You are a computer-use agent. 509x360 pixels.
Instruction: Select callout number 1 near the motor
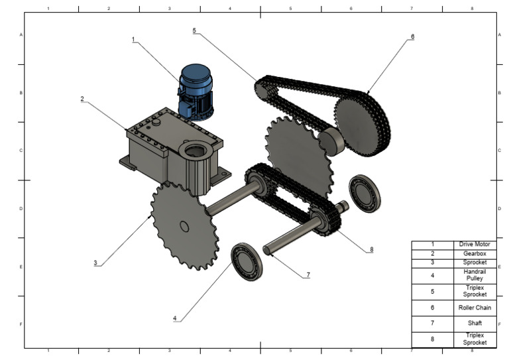pyautogui.click(x=133, y=40)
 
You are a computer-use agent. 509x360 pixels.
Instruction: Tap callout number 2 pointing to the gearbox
pyautogui.click(x=82, y=99)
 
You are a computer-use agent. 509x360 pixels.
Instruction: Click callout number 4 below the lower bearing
pyautogui.click(x=175, y=319)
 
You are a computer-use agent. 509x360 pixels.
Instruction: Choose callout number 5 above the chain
pyautogui.click(x=194, y=30)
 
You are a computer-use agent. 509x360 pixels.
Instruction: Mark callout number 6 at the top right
pyautogui.click(x=412, y=37)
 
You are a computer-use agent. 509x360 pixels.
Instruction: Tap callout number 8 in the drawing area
pyautogui.click(x=372, y=250)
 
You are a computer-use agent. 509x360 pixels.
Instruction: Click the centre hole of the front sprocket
pyautogui.click(x=184, y=227)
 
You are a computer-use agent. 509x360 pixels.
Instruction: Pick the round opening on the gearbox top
pyautogui.click(x=194, y=152)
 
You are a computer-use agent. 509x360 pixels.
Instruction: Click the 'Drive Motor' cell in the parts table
pyautogui.click(x=475, y=245)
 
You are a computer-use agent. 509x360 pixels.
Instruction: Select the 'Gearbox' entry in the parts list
pyautogui.click(x=475, y=253)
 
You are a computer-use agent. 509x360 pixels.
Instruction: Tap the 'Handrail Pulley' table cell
pyautogui.click(x=475, y=274)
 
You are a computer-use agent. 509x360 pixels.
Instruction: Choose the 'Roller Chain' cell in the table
pyautogui.click(x=475, y=308)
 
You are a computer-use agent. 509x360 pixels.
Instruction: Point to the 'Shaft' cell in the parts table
pyautogui.click(x=475, y=324)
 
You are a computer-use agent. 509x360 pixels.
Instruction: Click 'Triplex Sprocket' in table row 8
pyautogui.click(x=475, y=339)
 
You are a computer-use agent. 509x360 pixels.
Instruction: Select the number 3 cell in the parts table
pyautogui.click(x=432, y=262)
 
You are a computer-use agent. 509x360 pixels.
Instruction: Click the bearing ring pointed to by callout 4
pyautogui.click(x=247, y=261)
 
